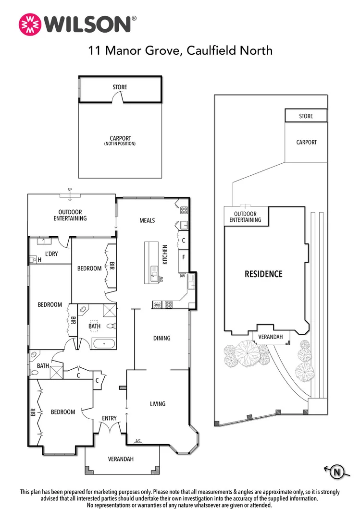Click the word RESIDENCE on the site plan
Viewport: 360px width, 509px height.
click(263, 274)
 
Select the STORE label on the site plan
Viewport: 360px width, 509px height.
click(306, 116)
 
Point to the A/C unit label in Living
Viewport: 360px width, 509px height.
click(138, 440)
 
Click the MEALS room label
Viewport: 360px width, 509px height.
click(147, 220)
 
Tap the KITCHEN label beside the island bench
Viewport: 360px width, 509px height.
click(165, 255)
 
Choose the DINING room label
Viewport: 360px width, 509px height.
click(161, 338)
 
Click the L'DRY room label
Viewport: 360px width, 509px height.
click(51, 254)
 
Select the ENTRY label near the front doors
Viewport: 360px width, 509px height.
click(109, 418)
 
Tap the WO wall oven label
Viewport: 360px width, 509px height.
click(157, 304)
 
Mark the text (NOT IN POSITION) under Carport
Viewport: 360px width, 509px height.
click(120, 144)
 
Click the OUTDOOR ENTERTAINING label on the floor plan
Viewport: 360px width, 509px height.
click(70, 215)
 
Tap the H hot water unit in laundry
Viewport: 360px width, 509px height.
click(39, 260)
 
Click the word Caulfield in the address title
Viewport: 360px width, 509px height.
click(208, 50)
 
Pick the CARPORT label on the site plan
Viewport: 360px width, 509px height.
click(306, 142)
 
